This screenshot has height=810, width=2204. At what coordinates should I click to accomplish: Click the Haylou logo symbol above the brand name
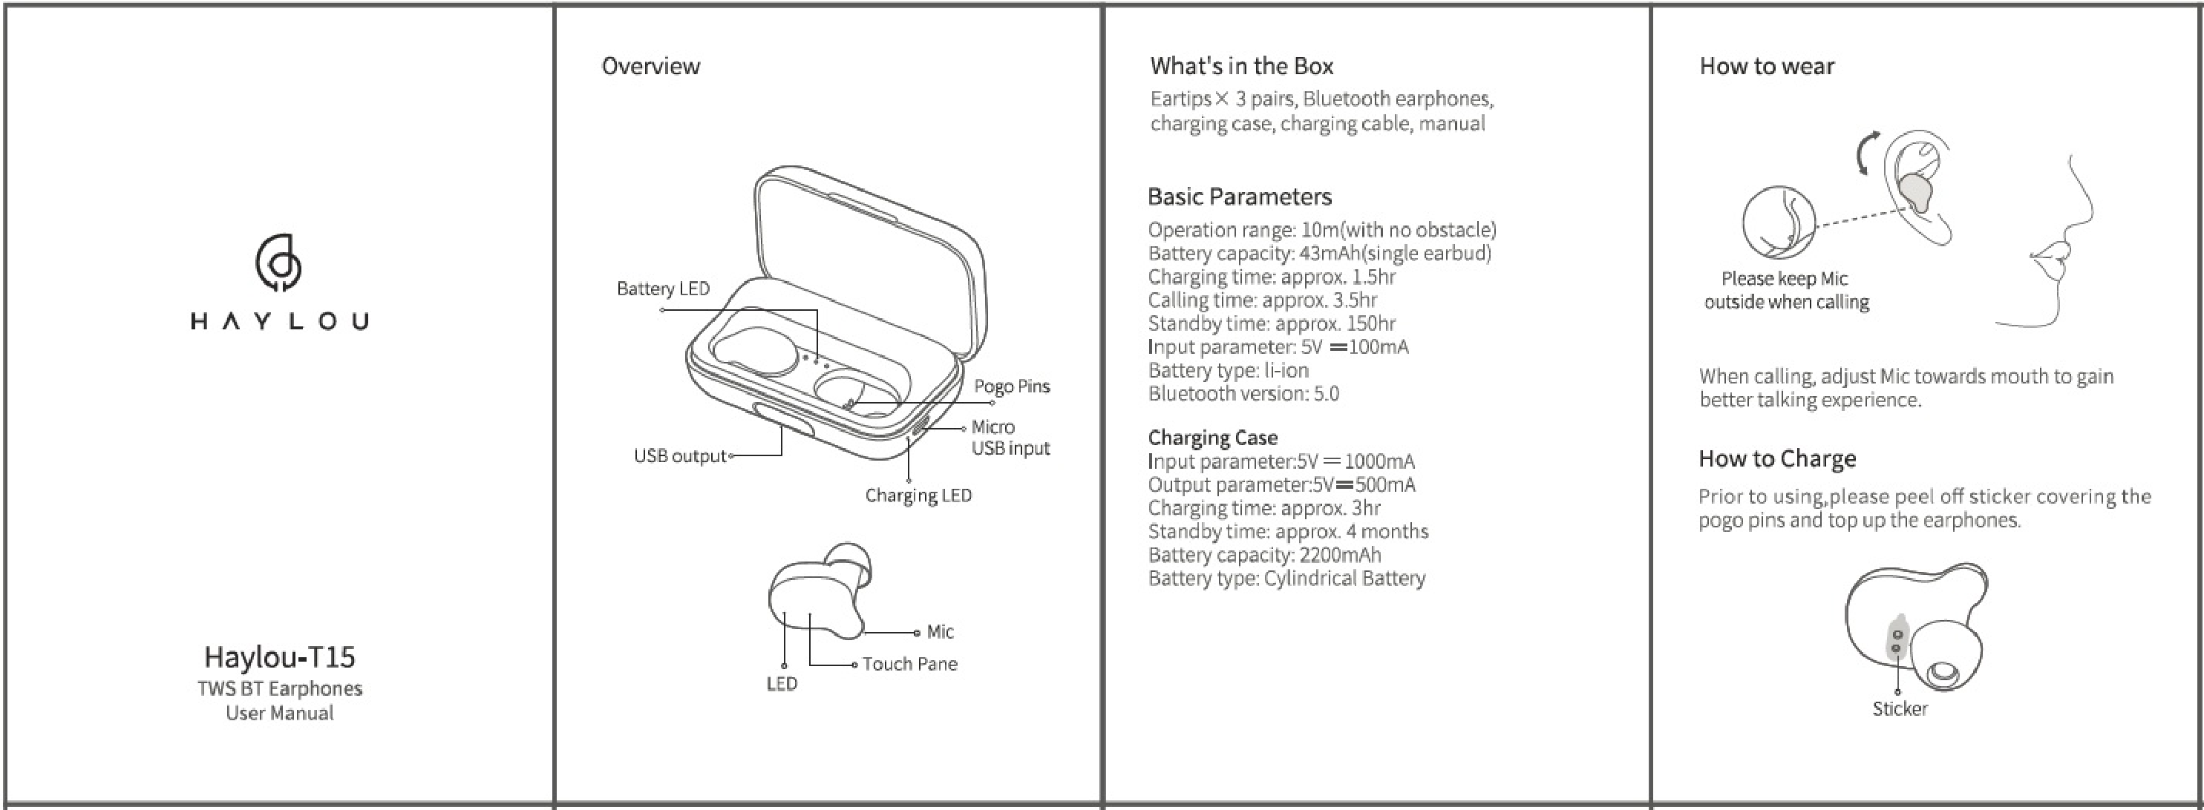pyautogui.click(x=278, y=263)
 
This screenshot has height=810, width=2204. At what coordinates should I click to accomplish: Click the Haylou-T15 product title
pyautogui.click(x=280, y=657)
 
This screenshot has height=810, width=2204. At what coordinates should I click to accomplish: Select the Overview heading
pyautogui.click(x=650, y=66)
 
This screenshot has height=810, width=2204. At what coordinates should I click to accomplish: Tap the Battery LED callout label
pyautogui.click(x=663, y=289)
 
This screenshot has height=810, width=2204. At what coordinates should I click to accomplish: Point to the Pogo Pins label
pyautogui.click(x=1011, y=386)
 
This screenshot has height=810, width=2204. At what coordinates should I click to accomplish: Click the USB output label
pyautogui.click(x=679, y=456)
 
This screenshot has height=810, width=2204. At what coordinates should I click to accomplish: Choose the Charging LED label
pyautogui.click(x=918, y=495)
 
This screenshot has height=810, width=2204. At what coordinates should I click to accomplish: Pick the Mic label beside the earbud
pyautogui.click(x=940, y=632)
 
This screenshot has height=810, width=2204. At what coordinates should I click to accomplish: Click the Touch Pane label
pyautogui.click(x=909, y=664)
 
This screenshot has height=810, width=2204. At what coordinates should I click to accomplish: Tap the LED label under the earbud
pyautogui.click(x=781, y=683)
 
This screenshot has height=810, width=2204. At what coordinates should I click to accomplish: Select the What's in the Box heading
pyautogui.click(x=1241, y=66)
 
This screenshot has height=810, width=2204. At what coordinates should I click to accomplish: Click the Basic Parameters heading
pyautogui.click(x=1240, y=197)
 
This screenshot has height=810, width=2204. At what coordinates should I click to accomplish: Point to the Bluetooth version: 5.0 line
pyautogui.click(x=1243, y=393)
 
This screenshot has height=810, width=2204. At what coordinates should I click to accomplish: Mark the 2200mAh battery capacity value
pyautogui.click(x=1340, y=555)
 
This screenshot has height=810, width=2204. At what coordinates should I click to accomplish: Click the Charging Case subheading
pyautogui.click(x=1212, y=438)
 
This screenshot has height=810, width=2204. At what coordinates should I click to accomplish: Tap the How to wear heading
pyautogui.click(x=1767, y=66)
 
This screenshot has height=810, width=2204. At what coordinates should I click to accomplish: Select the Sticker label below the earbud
pyautogui.click(x=1900, y=709)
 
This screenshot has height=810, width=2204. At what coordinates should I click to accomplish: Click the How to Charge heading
pyautogui.click(x=1777, y=458)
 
